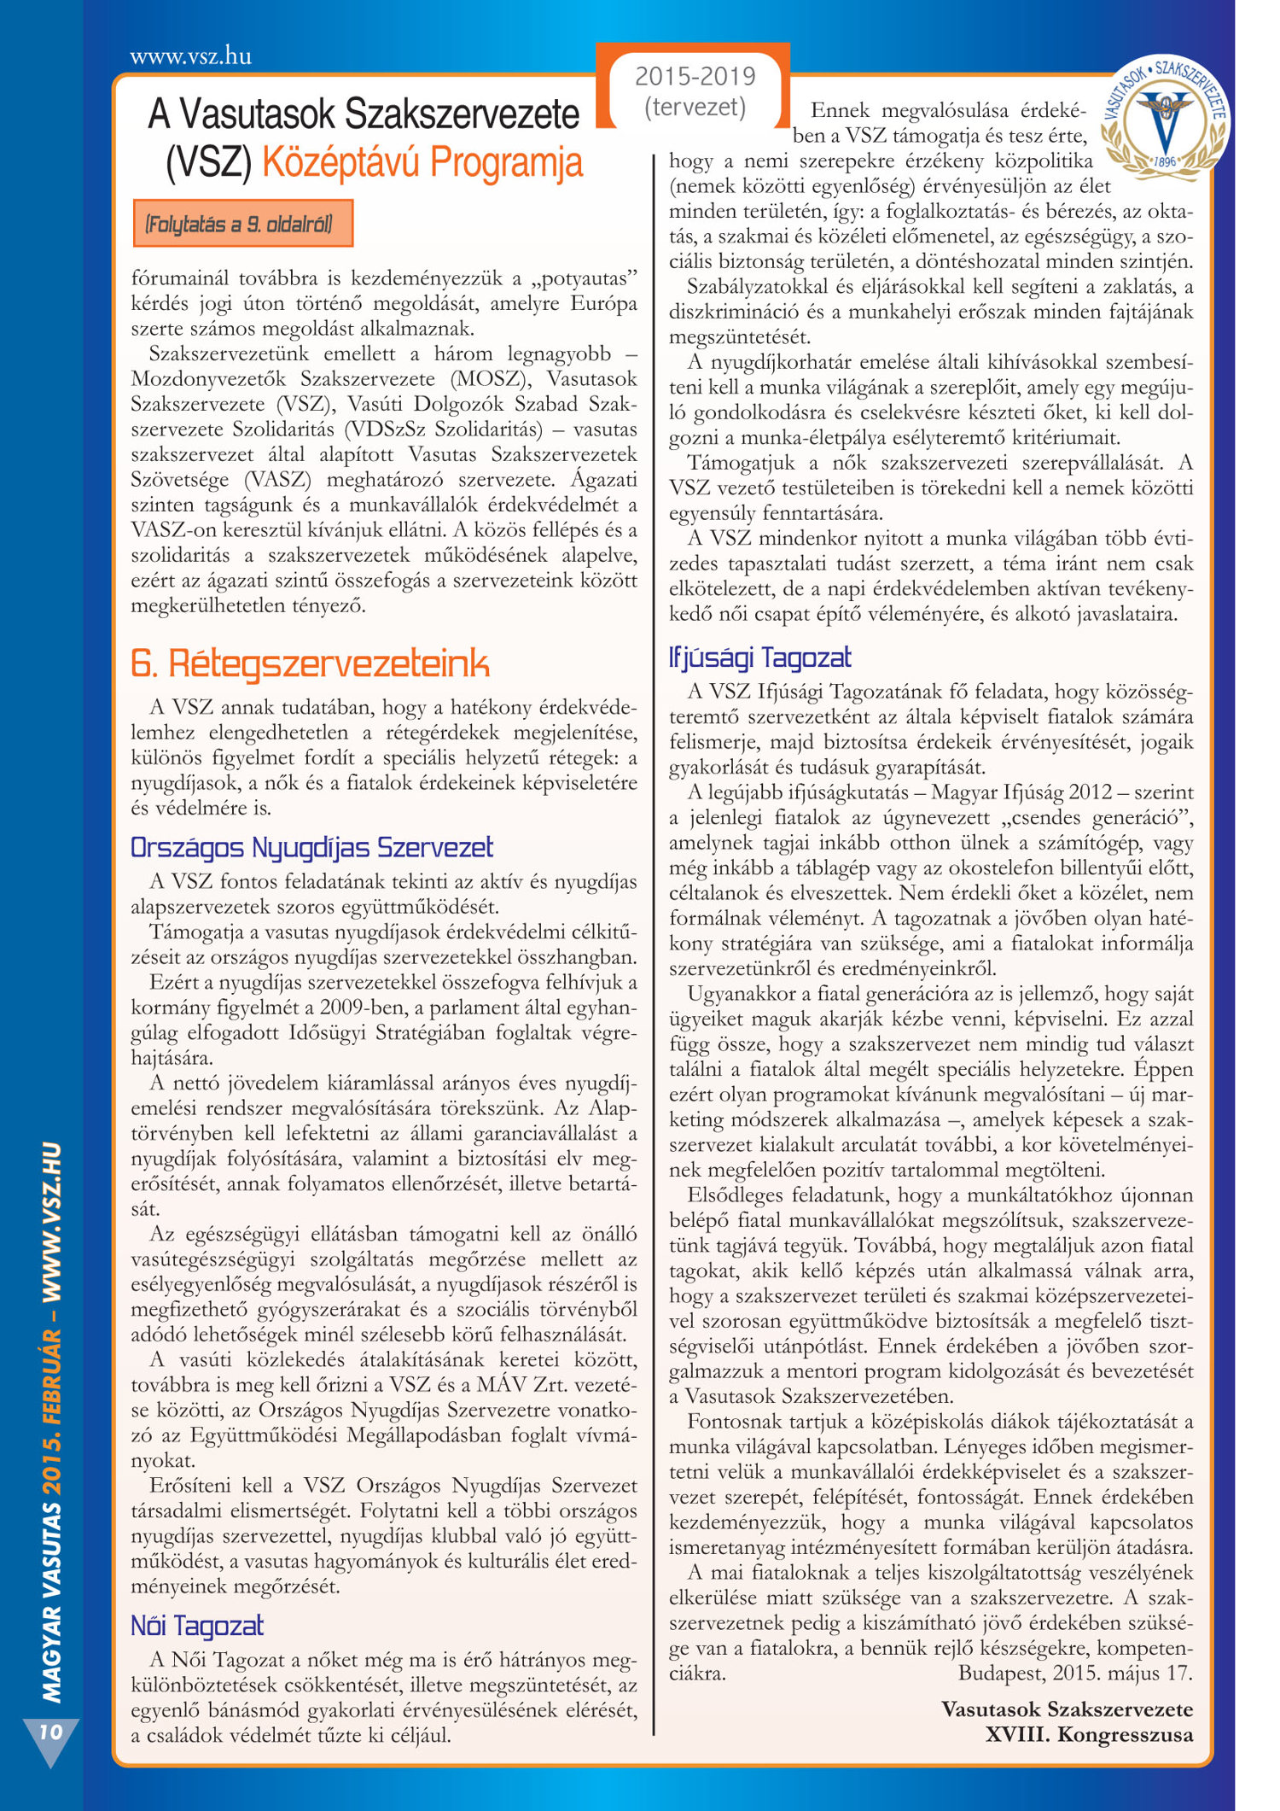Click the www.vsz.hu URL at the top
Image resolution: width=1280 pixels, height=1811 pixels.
(190, 56)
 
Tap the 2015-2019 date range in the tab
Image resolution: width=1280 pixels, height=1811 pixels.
(695, 77)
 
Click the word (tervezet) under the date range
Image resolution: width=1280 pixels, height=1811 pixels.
(695, 107)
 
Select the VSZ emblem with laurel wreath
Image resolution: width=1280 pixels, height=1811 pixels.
(1165, 120)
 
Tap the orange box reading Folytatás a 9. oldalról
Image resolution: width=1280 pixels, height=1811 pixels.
(242, 225)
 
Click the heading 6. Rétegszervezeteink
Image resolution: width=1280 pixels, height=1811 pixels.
(310, 663)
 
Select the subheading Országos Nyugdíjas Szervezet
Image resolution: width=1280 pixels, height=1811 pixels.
(311, 847)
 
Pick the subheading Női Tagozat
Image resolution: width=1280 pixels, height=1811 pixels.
(196, 1625)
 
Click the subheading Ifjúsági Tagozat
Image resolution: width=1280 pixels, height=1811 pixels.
(759, 657)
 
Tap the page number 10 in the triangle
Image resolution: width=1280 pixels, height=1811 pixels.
(50, 1732)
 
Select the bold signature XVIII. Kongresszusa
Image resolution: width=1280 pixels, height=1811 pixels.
(1089, 1734)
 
